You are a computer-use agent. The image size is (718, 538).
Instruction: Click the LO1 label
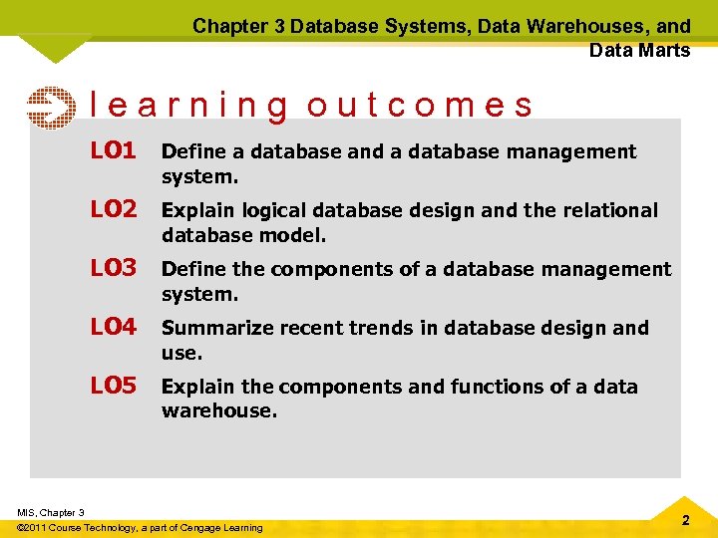pyautogui.click(x=113, y=150)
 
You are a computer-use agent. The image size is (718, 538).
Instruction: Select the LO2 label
pyautogui.click(x=113, y=209)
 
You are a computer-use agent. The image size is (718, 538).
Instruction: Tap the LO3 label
pyautogui.click(x=113, y=268)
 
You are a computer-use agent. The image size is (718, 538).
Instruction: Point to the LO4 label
pyautogui.click(x=113, y=327)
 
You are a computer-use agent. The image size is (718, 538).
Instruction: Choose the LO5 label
pyautogui.click(x=113, y=386)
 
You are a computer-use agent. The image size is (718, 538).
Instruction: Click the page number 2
pyautogui.click(x=685, y=520)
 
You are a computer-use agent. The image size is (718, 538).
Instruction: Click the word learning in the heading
pyautogui.click(x=189, y=106)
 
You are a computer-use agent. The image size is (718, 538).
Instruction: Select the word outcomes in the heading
pyautogui.click(x=420, y=105)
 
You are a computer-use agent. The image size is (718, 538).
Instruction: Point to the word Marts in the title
pyautogui.click(x=666, y=50)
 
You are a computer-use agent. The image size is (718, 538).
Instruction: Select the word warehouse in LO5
pyautogui.click(x=216, y=410)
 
